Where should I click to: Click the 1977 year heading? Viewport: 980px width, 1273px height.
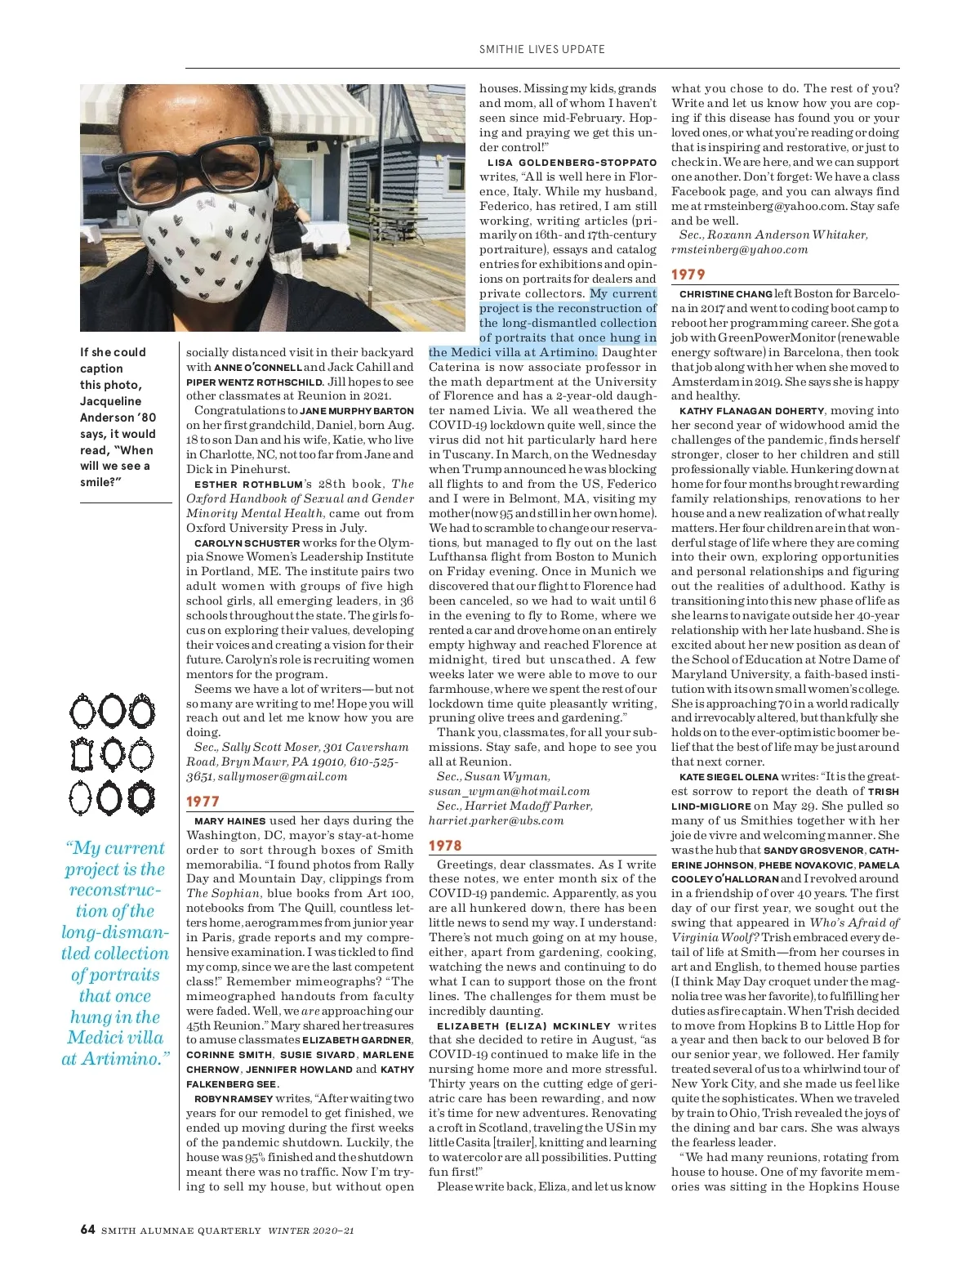pos(203,802)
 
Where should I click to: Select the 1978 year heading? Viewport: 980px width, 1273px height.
pos(445,846)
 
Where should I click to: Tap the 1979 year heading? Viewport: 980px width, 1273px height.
pos(688,275)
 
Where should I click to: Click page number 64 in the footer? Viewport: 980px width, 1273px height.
pos(87,1230)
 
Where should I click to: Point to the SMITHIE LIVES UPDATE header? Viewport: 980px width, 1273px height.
pos(541,49)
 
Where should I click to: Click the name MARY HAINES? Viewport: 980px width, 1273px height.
pos(229,821)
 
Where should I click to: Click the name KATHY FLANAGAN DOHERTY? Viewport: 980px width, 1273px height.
pos(751,411)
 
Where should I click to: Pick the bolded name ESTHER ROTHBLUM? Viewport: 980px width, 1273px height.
pos(248,485)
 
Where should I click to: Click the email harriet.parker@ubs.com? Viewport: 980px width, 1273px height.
pos(496,820)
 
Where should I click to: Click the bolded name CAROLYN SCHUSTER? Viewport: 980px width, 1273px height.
pos(247,543)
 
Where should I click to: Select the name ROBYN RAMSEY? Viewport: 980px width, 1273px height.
pos(233,1099)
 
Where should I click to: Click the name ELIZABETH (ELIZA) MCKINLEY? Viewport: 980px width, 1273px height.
pos(523,1026)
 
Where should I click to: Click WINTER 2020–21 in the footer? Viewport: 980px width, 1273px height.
pos(311,1231)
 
